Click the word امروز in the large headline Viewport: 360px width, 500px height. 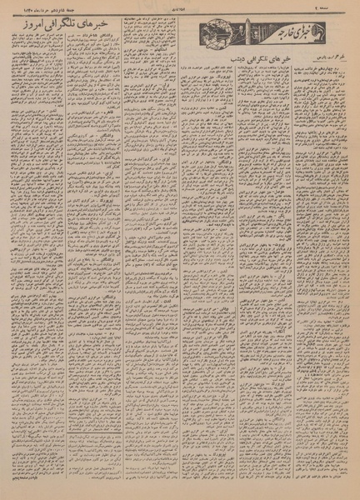click(x=25, y=39)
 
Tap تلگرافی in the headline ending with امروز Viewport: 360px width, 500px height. click(x=59, y=39)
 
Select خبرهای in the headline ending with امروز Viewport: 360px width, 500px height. click(x=95, y=39)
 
